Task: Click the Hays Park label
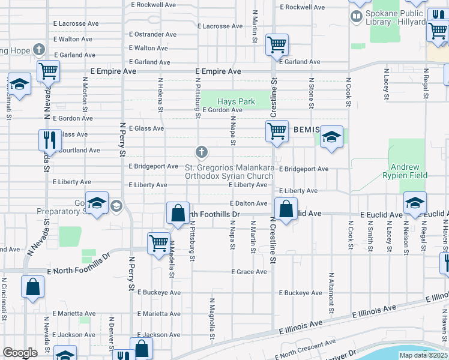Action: pos(236,101)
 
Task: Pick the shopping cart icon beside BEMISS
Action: pos(277,130)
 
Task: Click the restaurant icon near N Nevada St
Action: pos(50,140)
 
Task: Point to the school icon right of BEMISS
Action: pos(331,137)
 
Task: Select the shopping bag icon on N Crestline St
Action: pos(286,210)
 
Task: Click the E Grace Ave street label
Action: pos(249,272)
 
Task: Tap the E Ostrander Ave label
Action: pos(153,34)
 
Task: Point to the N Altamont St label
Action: pos(331,293)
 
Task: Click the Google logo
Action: pos(20,353)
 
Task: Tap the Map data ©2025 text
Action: pos(423,355)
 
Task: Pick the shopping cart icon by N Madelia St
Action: pos(158,244)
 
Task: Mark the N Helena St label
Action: pos(161,94)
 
